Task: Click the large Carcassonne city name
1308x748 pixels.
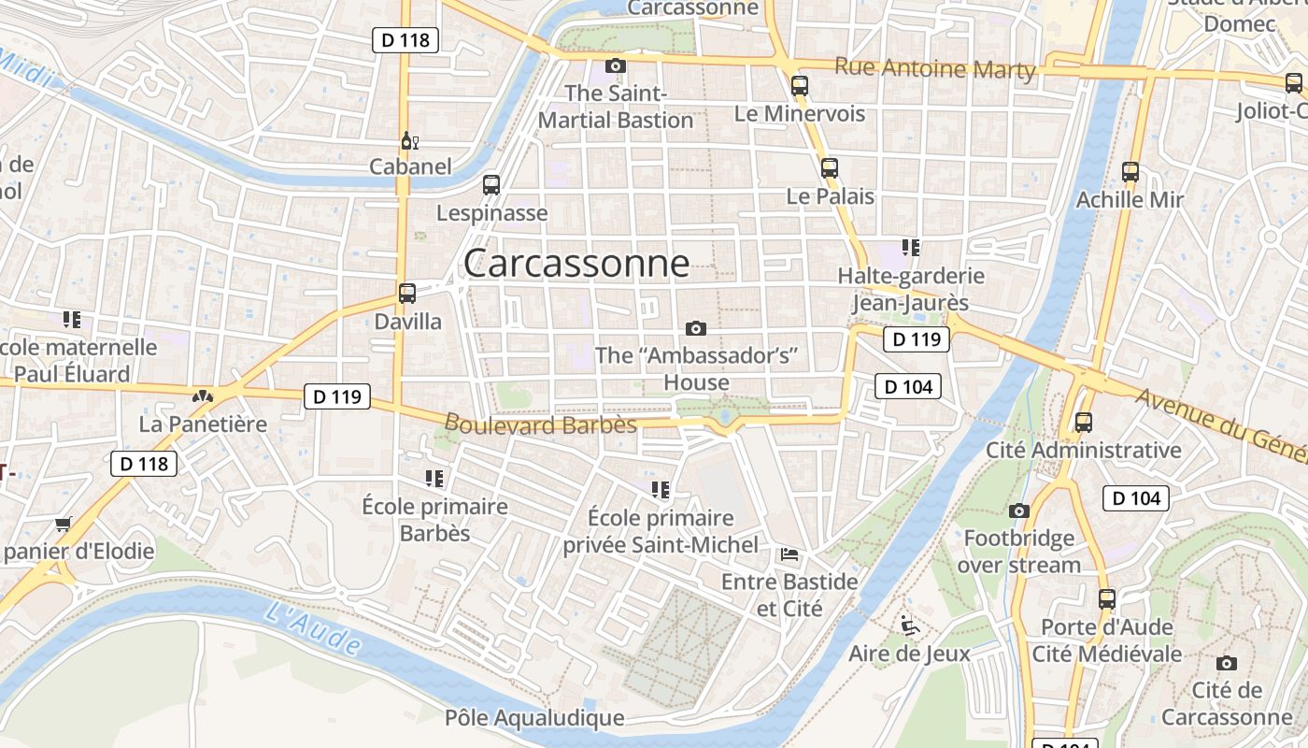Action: pos(576,264)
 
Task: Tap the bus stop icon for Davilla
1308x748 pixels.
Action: pos(407,293)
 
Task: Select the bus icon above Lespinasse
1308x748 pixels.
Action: pos(491,185)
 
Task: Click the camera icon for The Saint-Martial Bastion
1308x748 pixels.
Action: pos(615,65)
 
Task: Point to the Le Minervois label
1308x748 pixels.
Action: pos(800,114)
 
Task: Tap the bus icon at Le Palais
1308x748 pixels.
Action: pos(830,168)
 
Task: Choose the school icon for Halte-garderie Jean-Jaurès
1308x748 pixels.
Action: pos(911,248)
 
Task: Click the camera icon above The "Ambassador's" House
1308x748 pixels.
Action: pos(695,328)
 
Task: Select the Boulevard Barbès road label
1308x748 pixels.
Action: pos(540,424)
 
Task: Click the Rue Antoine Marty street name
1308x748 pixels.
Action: pos(934,68)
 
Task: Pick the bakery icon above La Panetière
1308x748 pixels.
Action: pos(202,396)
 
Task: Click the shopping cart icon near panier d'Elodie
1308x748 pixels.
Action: pos(63,524)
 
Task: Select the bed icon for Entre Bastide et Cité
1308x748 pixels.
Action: pos(789,554)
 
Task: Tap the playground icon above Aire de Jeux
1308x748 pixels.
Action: pos(909,626)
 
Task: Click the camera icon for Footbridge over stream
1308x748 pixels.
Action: pos(1019,511)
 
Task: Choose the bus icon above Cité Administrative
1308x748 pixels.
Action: pos(1084,423)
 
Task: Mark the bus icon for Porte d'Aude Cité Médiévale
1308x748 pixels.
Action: pos(1107,598)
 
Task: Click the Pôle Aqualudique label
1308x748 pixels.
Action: pos(534,718)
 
